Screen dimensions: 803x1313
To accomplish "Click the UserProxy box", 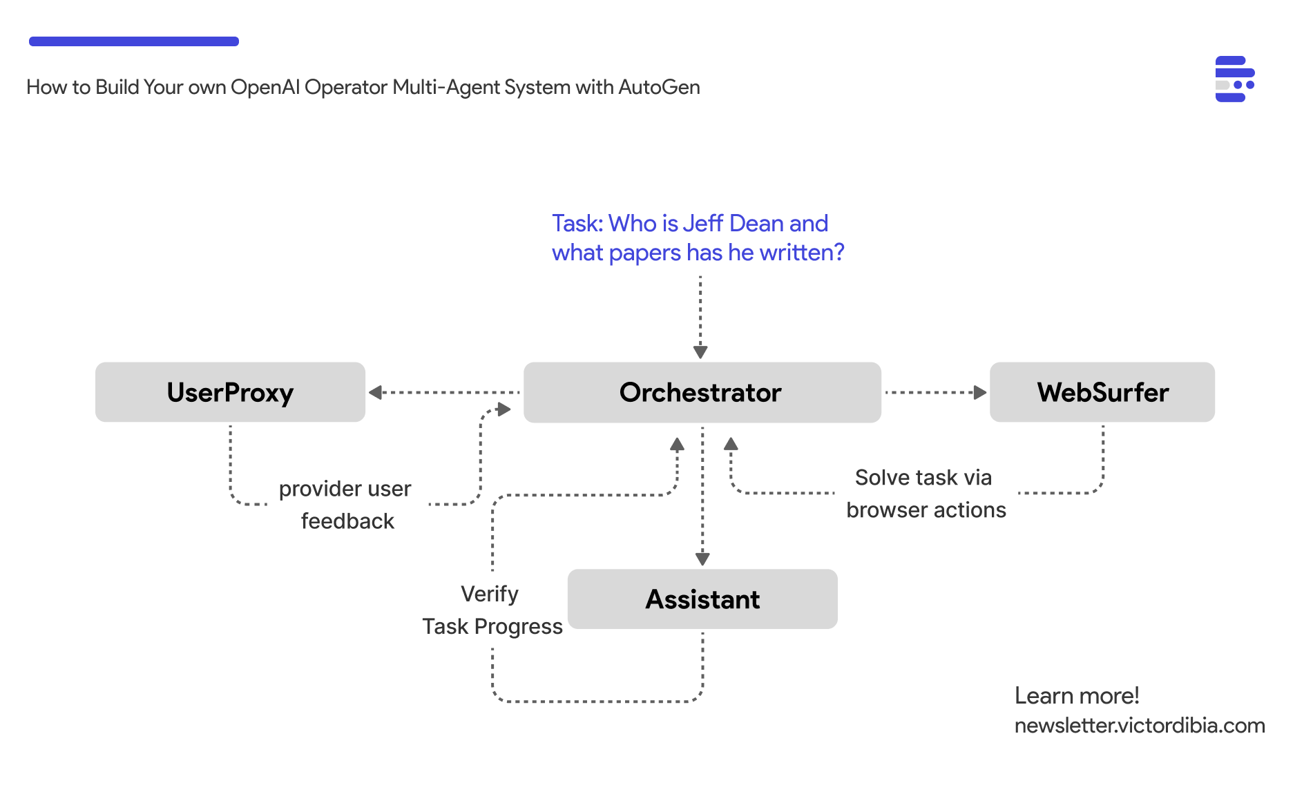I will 230,392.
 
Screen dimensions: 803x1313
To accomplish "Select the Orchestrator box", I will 702,392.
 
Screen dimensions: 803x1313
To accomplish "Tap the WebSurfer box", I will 1102,392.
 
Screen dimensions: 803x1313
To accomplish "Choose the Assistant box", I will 702,599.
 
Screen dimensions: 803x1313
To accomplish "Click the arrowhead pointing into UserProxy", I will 376,392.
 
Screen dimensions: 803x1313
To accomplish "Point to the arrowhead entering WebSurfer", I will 979,392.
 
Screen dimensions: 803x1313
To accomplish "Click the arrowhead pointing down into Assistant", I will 702,558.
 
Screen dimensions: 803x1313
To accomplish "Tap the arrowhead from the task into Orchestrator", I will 700,351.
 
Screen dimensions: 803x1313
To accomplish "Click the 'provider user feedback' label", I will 346,505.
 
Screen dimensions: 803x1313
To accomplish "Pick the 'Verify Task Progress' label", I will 492,610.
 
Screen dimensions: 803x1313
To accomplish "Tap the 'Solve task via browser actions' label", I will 926,494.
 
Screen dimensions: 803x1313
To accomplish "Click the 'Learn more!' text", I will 1076,695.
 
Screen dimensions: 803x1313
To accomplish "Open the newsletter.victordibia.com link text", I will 1140,726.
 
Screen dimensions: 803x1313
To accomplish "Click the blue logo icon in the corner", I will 1234,79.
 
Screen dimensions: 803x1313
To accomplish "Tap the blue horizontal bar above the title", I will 134,41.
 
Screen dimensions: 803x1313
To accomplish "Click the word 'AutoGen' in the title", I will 659,88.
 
